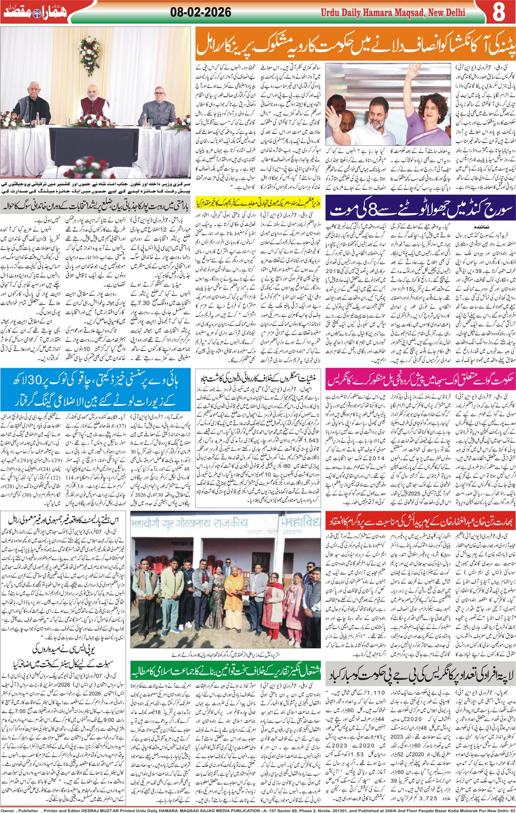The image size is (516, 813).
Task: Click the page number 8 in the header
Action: point(498,12)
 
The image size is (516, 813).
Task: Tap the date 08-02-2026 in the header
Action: point(200,12)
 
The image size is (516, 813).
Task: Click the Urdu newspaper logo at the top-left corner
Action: point(35,12)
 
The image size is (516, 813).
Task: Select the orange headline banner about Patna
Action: point(355,45)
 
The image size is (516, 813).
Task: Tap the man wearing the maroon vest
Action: point(94,104)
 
